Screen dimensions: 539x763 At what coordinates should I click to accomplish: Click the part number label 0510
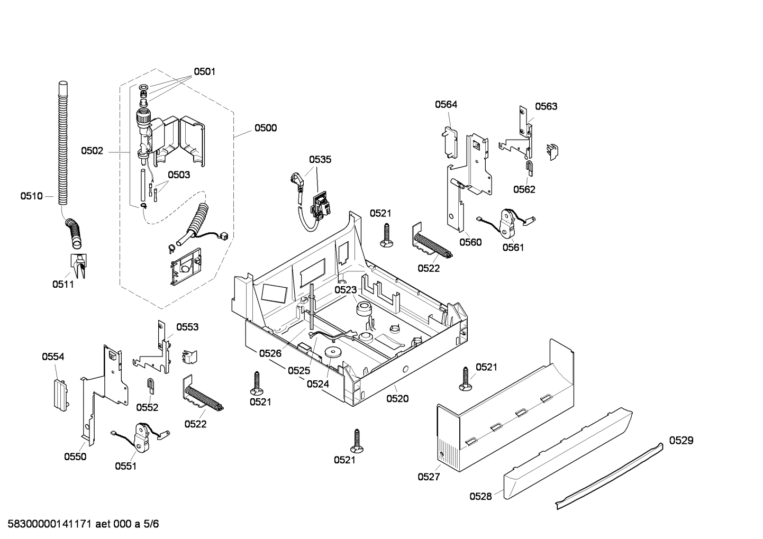coord(31,196)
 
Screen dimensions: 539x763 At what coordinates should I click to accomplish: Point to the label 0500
coord(265,127)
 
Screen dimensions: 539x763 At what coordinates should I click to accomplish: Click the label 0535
coord(320,159)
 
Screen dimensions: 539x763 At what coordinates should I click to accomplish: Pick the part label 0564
coord(446,104)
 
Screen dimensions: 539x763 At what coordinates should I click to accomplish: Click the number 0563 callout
coord(546,106)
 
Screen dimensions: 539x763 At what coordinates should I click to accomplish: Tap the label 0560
coord(470,242)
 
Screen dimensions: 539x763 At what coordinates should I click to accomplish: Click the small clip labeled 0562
coord(530,168)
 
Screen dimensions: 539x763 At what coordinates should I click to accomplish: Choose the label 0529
coord(681,440)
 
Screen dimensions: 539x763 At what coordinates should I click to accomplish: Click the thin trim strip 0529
coord(608,476)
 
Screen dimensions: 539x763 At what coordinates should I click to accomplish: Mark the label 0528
coord(480,496)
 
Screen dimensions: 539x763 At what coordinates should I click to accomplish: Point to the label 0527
coord(429,477)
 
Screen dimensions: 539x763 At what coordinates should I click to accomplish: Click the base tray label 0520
coord(397,398)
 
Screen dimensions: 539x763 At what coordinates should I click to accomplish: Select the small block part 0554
coord(59,392)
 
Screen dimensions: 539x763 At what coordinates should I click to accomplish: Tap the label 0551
coord(126,466)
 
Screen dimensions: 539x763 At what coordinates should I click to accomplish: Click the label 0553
coord(187,327)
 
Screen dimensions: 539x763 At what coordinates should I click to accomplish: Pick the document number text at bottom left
coord(80,524)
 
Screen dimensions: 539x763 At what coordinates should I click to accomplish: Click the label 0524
coord(317,384)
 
